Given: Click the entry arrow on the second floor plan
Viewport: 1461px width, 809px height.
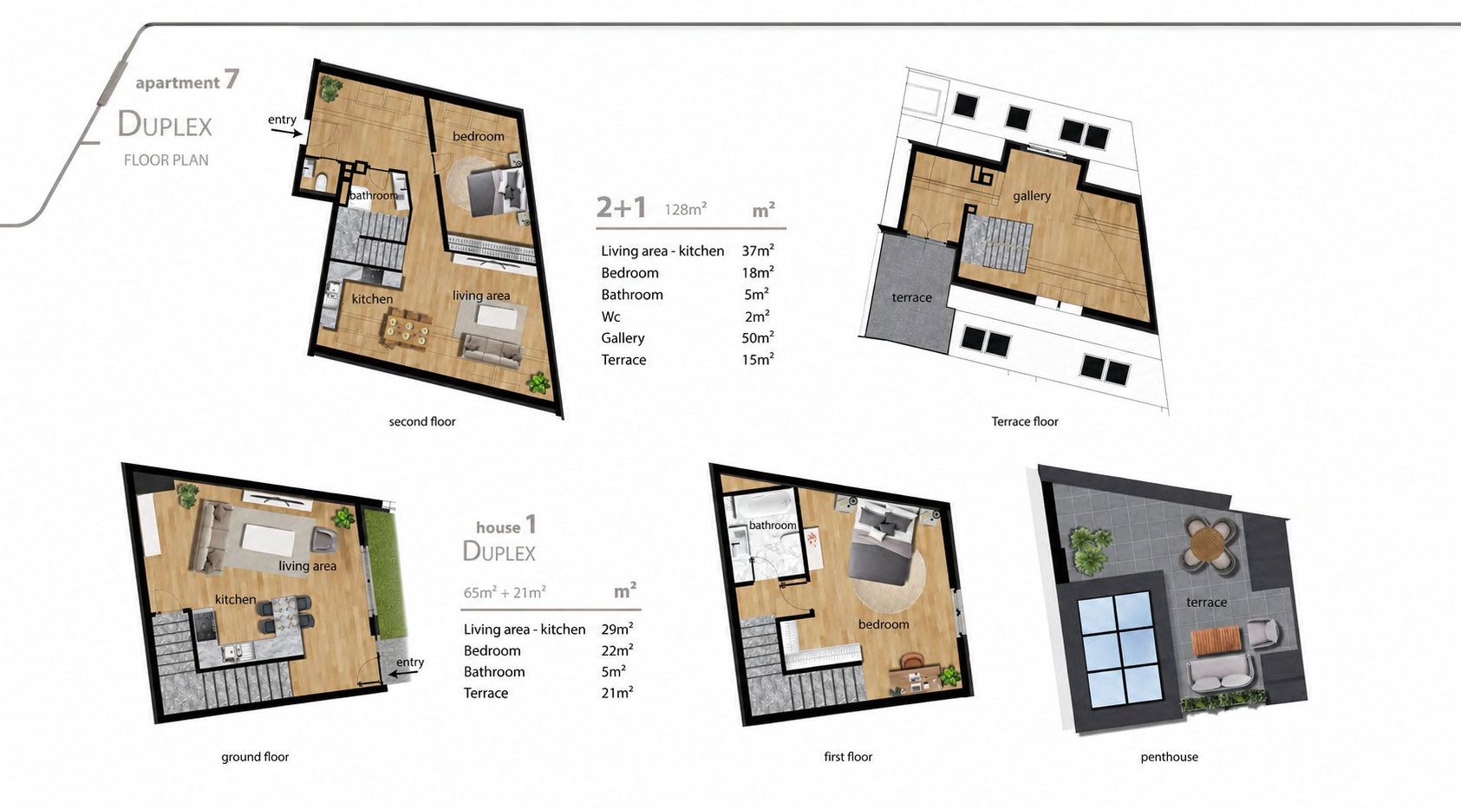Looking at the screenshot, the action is pyautogui.click(x=287, y=133).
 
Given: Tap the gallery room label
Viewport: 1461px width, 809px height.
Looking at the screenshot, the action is pyautogui.click(x=1032, y=196).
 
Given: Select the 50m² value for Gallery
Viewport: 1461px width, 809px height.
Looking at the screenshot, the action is pyautogui.click(x=757, y=337).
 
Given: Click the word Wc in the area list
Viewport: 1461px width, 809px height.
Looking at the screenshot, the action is pyautogui.click(x=610, y=316).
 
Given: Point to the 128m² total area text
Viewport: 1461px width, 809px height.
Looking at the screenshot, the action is pyautogui.click(x=686, y=210).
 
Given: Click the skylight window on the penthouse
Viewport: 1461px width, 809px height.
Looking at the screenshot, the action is pyautogui.click(x=1119, y=649).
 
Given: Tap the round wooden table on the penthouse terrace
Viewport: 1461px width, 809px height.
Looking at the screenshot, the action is pyautogui.click(x=1208, y=544).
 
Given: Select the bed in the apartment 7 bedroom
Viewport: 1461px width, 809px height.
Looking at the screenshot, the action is pyautogui.click(x=496, y=191).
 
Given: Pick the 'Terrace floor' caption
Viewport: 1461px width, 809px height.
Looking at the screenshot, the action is pyautogui.click(x=1025, y=421).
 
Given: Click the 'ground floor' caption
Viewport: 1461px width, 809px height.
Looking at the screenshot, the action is pyautogui.click(x=254, y=757).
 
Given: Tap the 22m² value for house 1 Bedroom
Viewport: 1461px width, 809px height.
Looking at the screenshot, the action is pyautogui.click(x=617, y=650).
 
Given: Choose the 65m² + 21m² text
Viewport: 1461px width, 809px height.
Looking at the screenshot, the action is pyautogui.click(x=504, y=592).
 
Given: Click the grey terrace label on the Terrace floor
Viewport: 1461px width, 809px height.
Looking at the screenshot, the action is pyautogui.click(x=911, y=297).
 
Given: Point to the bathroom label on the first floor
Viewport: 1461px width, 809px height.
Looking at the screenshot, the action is pyautogui.click(x=773, y=525).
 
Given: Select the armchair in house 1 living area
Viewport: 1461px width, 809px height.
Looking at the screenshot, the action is pyautogui.click(x=324, y=539).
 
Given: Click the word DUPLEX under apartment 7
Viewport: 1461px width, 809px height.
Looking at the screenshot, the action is pyautogui.click(x=165, y=124).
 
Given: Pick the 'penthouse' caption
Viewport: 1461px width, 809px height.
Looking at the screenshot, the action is pyautogui.click(x=1169, y=757).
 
